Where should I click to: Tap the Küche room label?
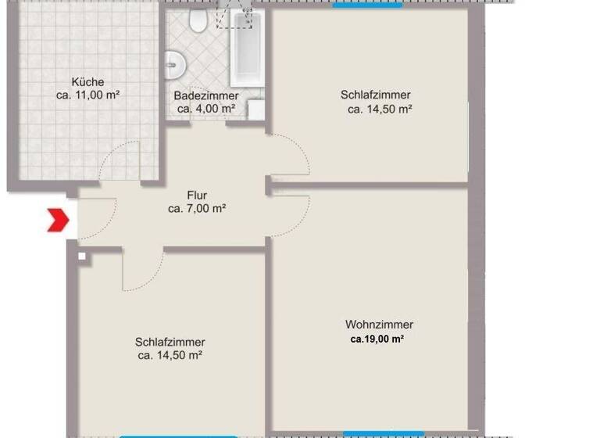pyautogui.click(x=87, y=81)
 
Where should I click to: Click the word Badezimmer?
pyautogui.click(x=206, y=95)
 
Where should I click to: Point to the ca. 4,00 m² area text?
pyautogui.click(x=206, y=109)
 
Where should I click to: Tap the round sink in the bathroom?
pyautogui.click(x=173, y=63)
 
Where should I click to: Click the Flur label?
pyautogui.click(x=197, y=196)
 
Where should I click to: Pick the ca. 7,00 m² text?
pyautogui.click(x=197, y=209)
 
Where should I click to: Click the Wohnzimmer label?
pyautogui.click(x=379, y=325)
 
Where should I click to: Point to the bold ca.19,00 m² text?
pyautogui.click(x=377, y=339)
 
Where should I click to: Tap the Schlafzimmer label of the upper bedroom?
pyautogui.click(x=375, y=95)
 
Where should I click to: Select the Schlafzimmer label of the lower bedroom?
pyautogui.click(x=170, y=342)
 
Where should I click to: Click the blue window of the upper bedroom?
pyautogui.click(x=367, y=4)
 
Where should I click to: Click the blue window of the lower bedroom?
pyautogui.click(x=178, y=436)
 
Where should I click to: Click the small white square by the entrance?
pyautogui.click(x=80, y=255)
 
